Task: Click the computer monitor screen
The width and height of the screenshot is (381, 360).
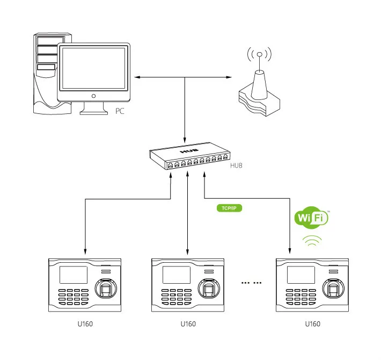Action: pos(94,68)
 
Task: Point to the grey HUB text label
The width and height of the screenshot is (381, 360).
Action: pos(236,165)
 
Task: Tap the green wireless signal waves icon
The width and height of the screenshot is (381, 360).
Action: pos(312,241)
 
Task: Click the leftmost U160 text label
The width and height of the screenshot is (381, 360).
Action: pos(85,324)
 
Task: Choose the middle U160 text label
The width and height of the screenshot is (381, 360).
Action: pos(188,324)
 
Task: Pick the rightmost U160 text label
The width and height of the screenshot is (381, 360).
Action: pos(312,324)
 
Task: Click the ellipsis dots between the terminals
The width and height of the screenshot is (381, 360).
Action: pos(251,282)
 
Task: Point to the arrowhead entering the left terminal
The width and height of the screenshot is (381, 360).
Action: pos(85,253)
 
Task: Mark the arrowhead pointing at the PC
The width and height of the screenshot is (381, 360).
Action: pos(136,78)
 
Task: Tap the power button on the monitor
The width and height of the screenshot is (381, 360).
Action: pos(94,96)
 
